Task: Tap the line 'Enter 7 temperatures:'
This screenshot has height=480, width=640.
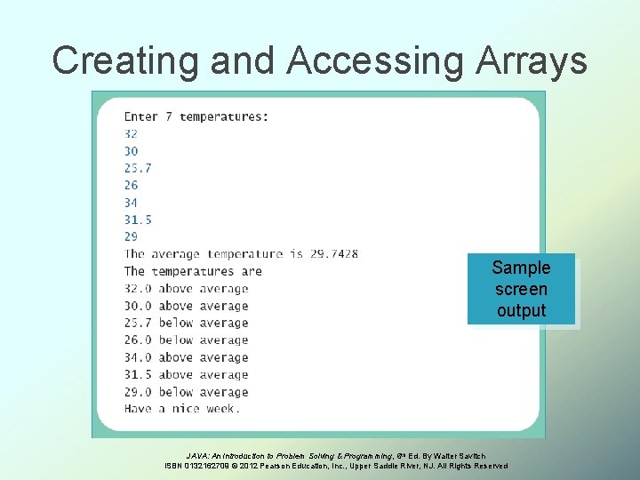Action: pyautogui.click(x=196, y=116)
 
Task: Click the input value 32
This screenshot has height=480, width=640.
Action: pyautogui.click(x=131, y=133)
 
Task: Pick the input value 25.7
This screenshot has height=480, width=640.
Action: pyautogui.click(x=138, y=168)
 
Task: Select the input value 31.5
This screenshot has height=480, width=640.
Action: pyautogui.click(x=138, y=220)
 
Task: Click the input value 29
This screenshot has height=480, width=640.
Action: pyautogui.click(x=131, y=236)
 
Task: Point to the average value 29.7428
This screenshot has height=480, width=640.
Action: pyautogui.click(x=334, y=254)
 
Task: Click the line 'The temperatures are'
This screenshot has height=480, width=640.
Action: pyautogui.click(x=193, y=271)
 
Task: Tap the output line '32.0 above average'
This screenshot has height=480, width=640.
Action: pyautogui.click(x=186, y=289)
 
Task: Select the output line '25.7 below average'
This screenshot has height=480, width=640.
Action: pyautogui.click(x=186, y=323)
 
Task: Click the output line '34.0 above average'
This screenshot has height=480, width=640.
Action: pyautogui.click(x=186, y=357)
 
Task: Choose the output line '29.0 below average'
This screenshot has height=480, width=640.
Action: pyautogui.click(x=186, y=392)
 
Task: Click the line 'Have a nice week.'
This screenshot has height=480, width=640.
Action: pyautogui.click(x=182, y=409)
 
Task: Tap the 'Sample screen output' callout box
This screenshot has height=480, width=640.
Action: pyautogui.click(x=521, y=289)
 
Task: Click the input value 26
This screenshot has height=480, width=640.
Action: pyautogui.click(x=131, y=185)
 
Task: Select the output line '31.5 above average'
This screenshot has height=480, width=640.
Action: pyautogui.click(x=186, y=374)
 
